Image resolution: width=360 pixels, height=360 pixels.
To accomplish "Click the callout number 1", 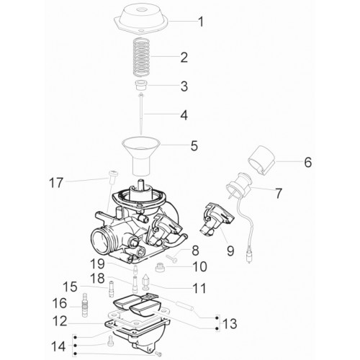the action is click(x=201, y=22).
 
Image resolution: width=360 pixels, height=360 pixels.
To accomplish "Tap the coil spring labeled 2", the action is click(x=142, y=57).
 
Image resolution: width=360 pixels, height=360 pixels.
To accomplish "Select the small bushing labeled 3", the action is click(x=142, y=86).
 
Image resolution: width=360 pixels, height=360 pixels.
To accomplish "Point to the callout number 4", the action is click(x=184, y=115).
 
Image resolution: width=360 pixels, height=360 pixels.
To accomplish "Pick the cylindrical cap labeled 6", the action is click(x=261, y=161).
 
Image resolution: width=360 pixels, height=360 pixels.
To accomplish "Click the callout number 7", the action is click(x=278, y=194).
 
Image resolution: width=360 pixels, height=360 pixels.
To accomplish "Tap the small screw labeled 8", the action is click(x=172, y=258).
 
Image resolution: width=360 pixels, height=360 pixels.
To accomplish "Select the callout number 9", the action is click(x=230, y=251).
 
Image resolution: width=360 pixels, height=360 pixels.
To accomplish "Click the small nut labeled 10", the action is click(x=160, y=267).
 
